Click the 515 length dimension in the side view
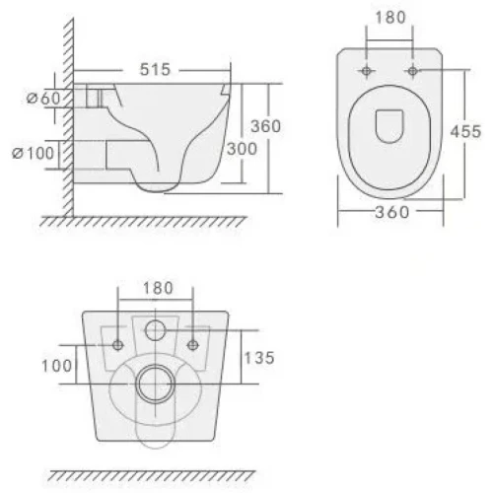(x=155, y=69)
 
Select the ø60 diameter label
(x=43, y=98)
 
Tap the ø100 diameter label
(x=33, y=153)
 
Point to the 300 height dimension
(x=242, y=149)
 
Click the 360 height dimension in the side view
(x=266, y=126)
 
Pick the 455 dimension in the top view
(x=465, y=132)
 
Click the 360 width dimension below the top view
(x=392, y=212)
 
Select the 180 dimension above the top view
(x=390, y=18)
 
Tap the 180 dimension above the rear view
(x=158, y=288)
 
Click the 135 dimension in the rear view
(x=259, y=358)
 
